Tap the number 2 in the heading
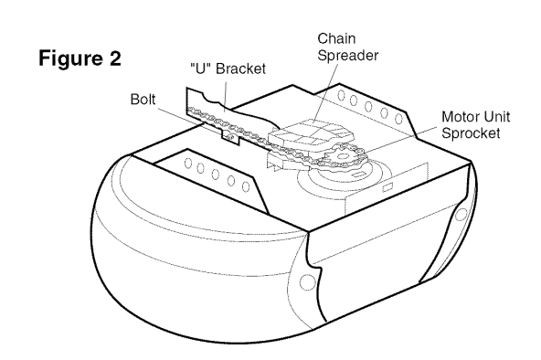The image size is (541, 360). pos(115,58)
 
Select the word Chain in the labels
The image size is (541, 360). pos(336,38)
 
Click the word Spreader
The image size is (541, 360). pos(348,56)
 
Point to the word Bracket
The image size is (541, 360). pos(241,69)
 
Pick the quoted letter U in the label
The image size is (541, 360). pos(200,69)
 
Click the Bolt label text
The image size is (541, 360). pos(143,100)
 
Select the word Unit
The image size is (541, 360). pos(494,117)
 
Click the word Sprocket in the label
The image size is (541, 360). pos(471,133)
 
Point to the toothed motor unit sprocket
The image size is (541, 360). pos(343,157)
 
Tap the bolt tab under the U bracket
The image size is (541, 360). pos(230,137)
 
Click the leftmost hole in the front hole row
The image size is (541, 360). pos(188,164)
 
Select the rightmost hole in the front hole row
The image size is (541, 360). pos(246,186)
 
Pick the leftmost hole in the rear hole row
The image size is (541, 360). pos(341,95)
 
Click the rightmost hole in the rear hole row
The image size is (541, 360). pos(398,119)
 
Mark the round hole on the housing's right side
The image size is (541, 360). pos(461,215)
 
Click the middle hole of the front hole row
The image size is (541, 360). pos(216,175)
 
